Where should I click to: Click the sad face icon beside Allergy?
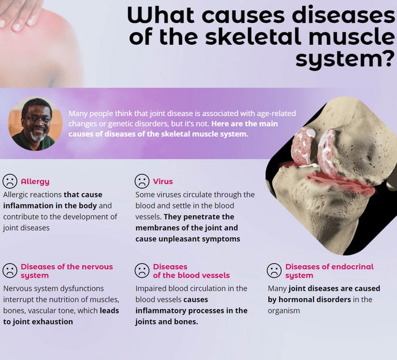(x=10, y=181)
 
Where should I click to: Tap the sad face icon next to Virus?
(x=142, y=181)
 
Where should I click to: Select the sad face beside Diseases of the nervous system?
(x=10, y=270)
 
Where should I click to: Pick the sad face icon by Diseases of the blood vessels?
(x=142, y=270)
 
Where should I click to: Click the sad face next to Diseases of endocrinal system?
(x=274, y=270)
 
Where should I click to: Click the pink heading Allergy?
(x=35, y=182)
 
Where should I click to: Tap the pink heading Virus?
(x=163, y=182)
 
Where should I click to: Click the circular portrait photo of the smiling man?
(x=35, y=124)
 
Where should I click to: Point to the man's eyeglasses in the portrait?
(x=38, y=119)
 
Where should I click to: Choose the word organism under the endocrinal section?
(x=284, y=311)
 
